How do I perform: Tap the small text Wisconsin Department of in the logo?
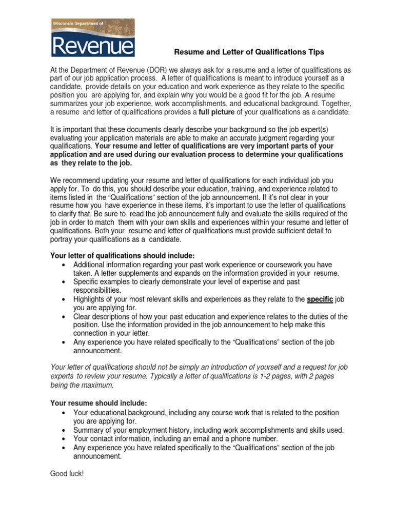pos(77,23)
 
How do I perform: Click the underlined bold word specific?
pos(320,299)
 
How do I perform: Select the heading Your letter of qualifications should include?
pos(122,256)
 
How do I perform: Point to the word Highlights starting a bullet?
pos(91,299)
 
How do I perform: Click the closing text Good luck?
pos(67,474)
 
